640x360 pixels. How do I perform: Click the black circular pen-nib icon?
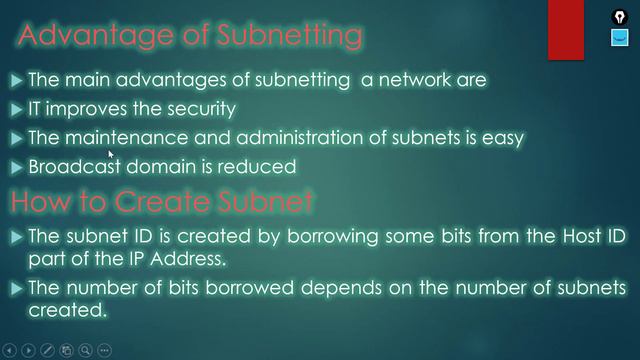[620, 16]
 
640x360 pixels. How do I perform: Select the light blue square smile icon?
[620, 39]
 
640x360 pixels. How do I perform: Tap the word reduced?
[262, 165]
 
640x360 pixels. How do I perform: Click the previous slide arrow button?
[9, 350]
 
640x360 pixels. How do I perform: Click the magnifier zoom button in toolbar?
[86, 350]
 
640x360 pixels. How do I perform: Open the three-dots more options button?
[105, 350]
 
